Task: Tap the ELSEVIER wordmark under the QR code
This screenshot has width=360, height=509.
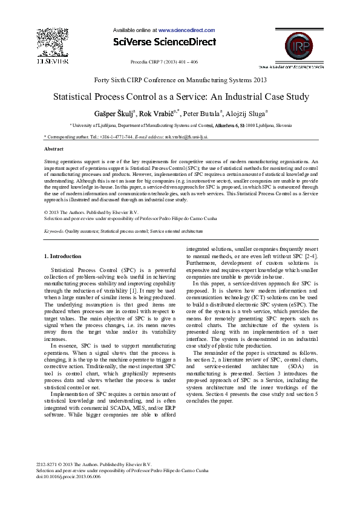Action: coord(53,61)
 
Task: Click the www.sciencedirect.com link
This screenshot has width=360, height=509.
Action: coord(186,30)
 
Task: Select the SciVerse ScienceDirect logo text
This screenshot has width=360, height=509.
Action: coord(165,42)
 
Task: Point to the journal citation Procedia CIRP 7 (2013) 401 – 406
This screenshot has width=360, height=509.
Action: coord(164,62)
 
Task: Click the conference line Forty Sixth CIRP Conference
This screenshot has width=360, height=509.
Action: coord(180,79)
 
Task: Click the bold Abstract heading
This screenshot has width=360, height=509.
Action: coord(54,148)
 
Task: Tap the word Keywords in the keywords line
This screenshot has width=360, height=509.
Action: coord(55,231)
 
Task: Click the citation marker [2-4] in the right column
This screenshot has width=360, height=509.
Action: coord(310,256)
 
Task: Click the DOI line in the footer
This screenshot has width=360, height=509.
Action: coord(68,476)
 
